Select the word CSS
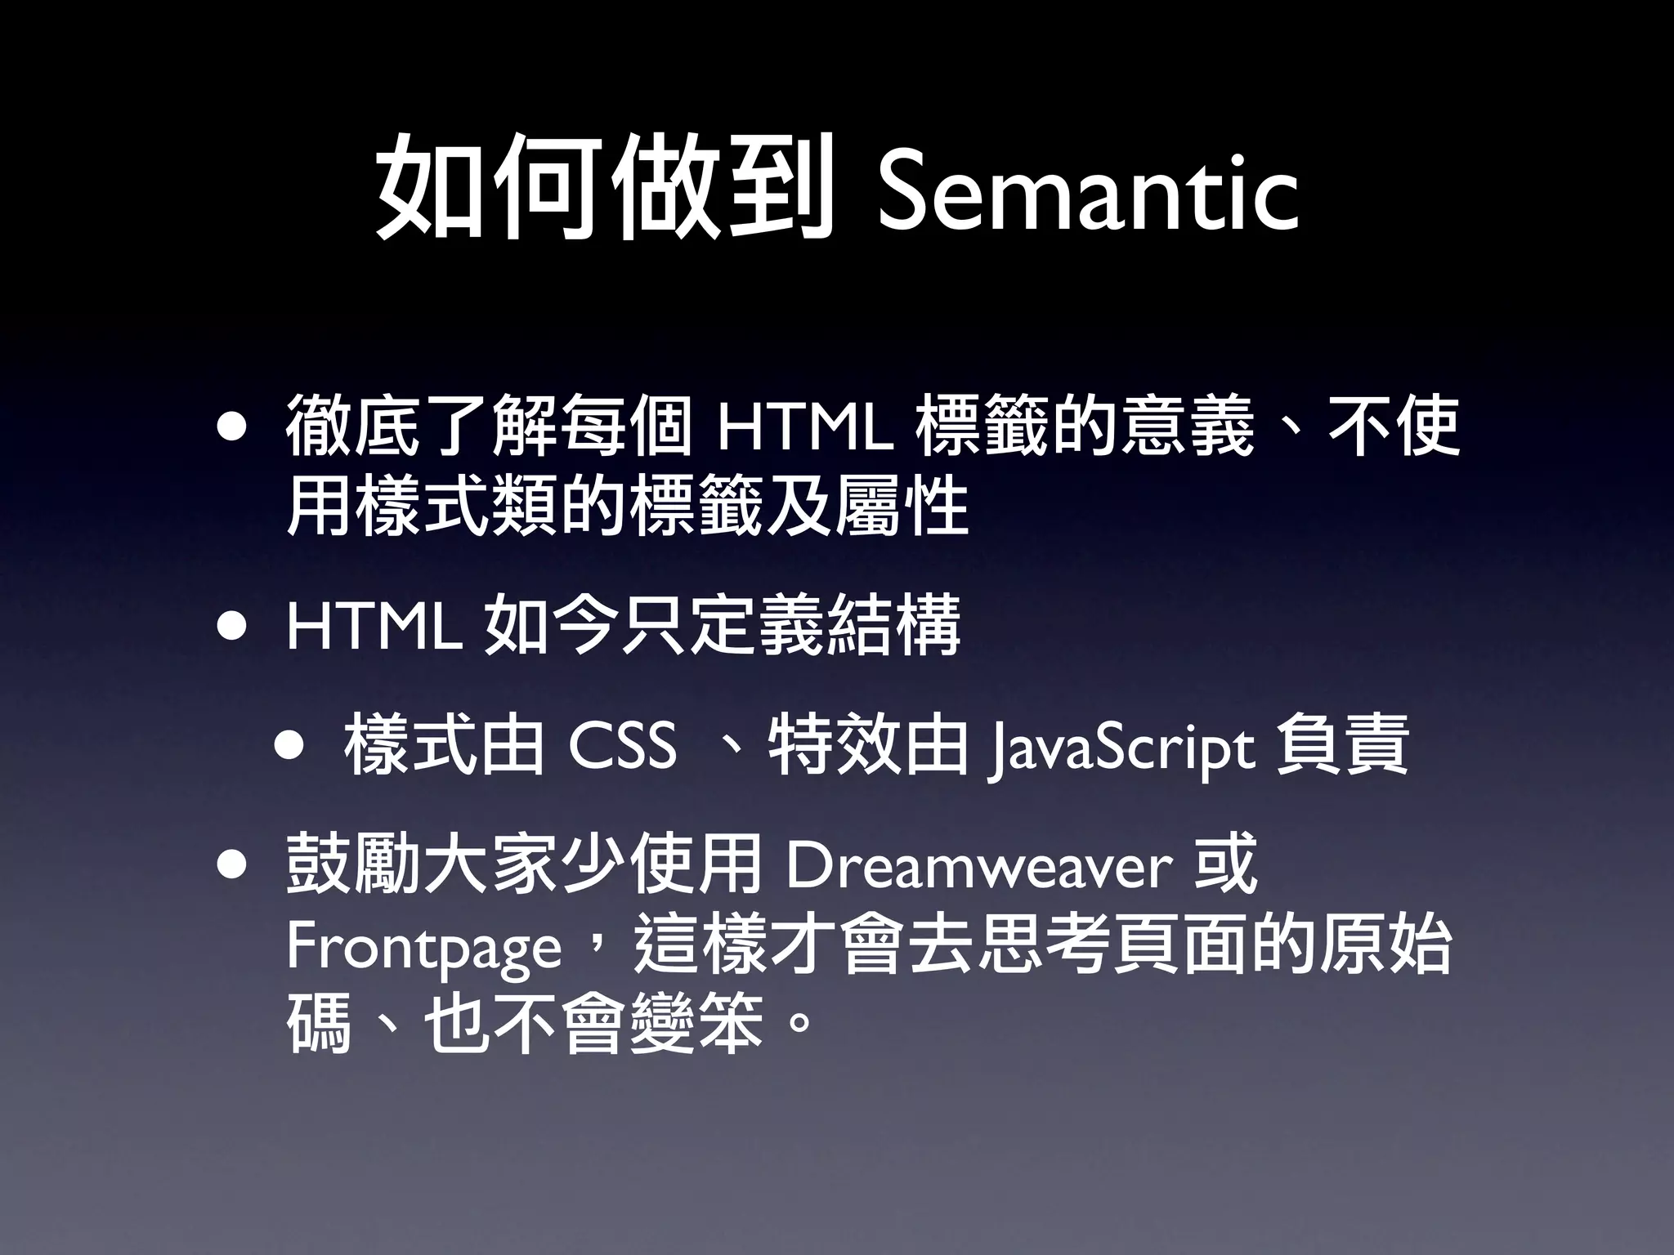coord(622,745)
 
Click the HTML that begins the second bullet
coord(374,627)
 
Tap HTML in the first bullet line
coord(804,427)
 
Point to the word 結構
coord(893,627)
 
